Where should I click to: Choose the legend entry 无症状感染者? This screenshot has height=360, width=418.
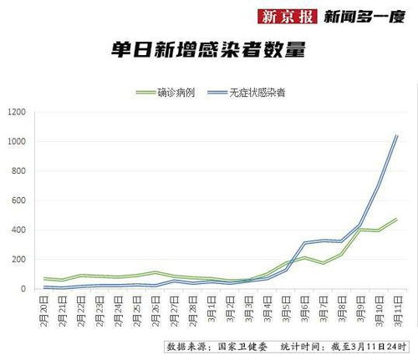[x=257, y=93]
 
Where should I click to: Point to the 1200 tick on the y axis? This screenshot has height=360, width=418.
[x=17, y=112]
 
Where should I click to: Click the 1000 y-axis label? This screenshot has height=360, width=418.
[x=17, y=142]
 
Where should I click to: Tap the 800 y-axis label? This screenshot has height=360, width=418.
[x=18, y=171]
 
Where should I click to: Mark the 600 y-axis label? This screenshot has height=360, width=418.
[x=18, y=200]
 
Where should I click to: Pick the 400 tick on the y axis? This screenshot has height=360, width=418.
[x=18, y=230]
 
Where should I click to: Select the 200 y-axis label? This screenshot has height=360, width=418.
[x=18, y=260]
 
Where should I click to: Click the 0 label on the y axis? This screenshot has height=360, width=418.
[x=23, y=289]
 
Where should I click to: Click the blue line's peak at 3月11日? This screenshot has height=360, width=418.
[x=396, y=135]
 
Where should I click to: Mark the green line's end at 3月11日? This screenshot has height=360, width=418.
[x=396, y=219]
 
